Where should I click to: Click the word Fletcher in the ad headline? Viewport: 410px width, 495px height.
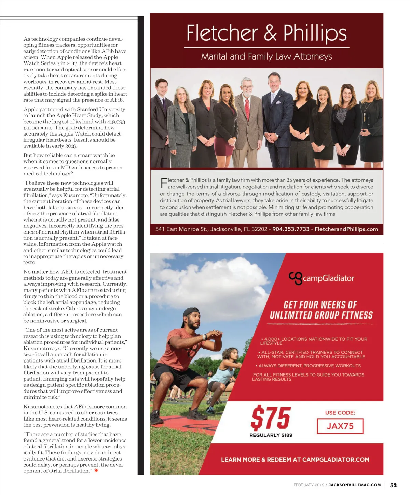(x=222, y=33)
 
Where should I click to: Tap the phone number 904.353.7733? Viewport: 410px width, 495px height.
(x=291, y=229)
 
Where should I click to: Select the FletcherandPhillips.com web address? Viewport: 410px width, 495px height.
(x=346, y=229)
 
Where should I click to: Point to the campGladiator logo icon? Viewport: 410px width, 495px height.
(x=296, y=278)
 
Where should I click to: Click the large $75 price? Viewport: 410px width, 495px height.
(x=271, y=418)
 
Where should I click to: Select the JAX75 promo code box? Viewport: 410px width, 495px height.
(x=340, y=426)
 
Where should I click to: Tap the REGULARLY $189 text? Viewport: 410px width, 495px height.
(x=271, y=435)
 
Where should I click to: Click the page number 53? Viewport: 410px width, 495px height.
(x=393, y=485)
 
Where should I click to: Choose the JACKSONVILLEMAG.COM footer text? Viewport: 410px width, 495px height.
(x=355, y=485)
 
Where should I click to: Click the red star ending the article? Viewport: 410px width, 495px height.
(x=96, y=471)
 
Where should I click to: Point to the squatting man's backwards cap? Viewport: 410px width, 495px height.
(x=191, y=312)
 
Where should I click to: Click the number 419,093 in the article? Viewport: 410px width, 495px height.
(x=116, y=122)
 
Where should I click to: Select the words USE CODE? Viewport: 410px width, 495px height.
(x=340, y=413)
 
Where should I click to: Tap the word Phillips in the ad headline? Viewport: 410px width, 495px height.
(x=315, y=33)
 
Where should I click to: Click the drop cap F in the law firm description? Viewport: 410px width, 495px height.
(x=164, y=183)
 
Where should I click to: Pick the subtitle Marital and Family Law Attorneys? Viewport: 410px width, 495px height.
(x=266, y=56)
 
